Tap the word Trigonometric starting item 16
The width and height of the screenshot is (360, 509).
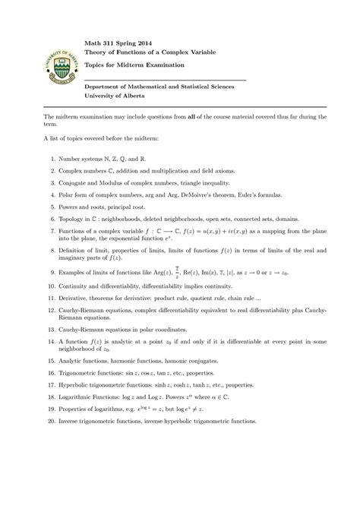pos(83,375)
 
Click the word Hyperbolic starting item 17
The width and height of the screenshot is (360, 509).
pos(77,385)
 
